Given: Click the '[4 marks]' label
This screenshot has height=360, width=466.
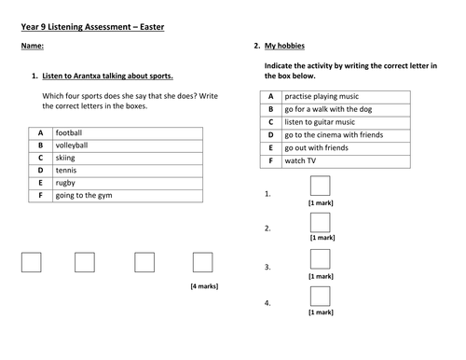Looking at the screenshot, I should pos(203,285).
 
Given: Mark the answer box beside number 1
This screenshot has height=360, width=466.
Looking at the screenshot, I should pos(320,186).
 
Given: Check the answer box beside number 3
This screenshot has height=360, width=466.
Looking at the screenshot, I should pos(320,259).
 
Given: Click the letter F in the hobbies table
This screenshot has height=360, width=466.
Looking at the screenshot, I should pos(270,159).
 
